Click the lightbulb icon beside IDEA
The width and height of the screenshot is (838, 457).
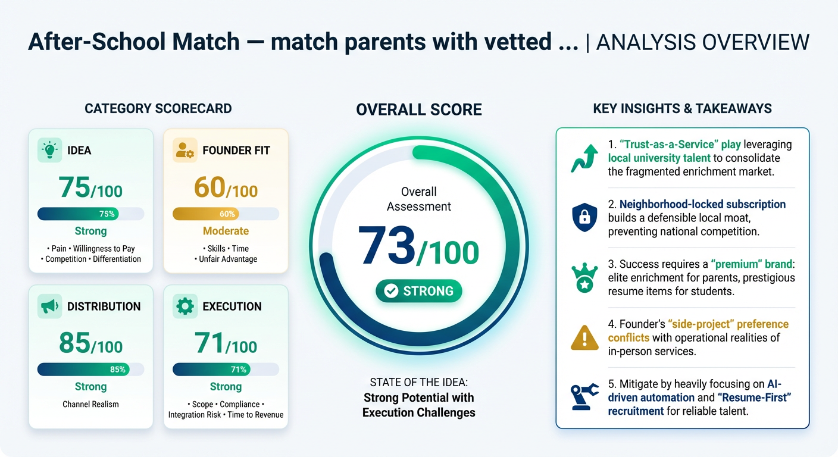click(x=49, y=150)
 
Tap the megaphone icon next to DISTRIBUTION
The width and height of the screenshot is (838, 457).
click(x=49, y=306)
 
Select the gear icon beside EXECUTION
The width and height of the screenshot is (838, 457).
click(x=185, y=306)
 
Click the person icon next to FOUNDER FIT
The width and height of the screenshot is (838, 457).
click(x=185, y=150)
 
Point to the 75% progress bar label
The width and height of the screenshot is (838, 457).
click(x=107, y=214)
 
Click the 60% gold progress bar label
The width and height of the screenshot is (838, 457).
click(x=227, y=214)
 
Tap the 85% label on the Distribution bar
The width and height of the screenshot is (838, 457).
click(x=118, y=370)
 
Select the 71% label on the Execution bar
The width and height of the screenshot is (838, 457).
click(x=238, y=370)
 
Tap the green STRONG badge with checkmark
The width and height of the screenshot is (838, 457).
click(x=419, y=291)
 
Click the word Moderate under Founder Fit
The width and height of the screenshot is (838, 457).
click(x=226, y=231)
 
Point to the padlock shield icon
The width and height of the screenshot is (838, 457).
click(x=584, y=218)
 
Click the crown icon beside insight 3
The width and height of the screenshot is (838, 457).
click(x=584, y=278)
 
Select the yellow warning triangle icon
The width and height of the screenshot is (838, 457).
click(x=584, y=337)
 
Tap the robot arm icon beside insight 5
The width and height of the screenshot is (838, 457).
click(x=584, y=397)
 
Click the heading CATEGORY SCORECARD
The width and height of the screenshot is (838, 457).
click(x=158, y=108)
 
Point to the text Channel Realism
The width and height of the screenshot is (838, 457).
click(x=90, y=404)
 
